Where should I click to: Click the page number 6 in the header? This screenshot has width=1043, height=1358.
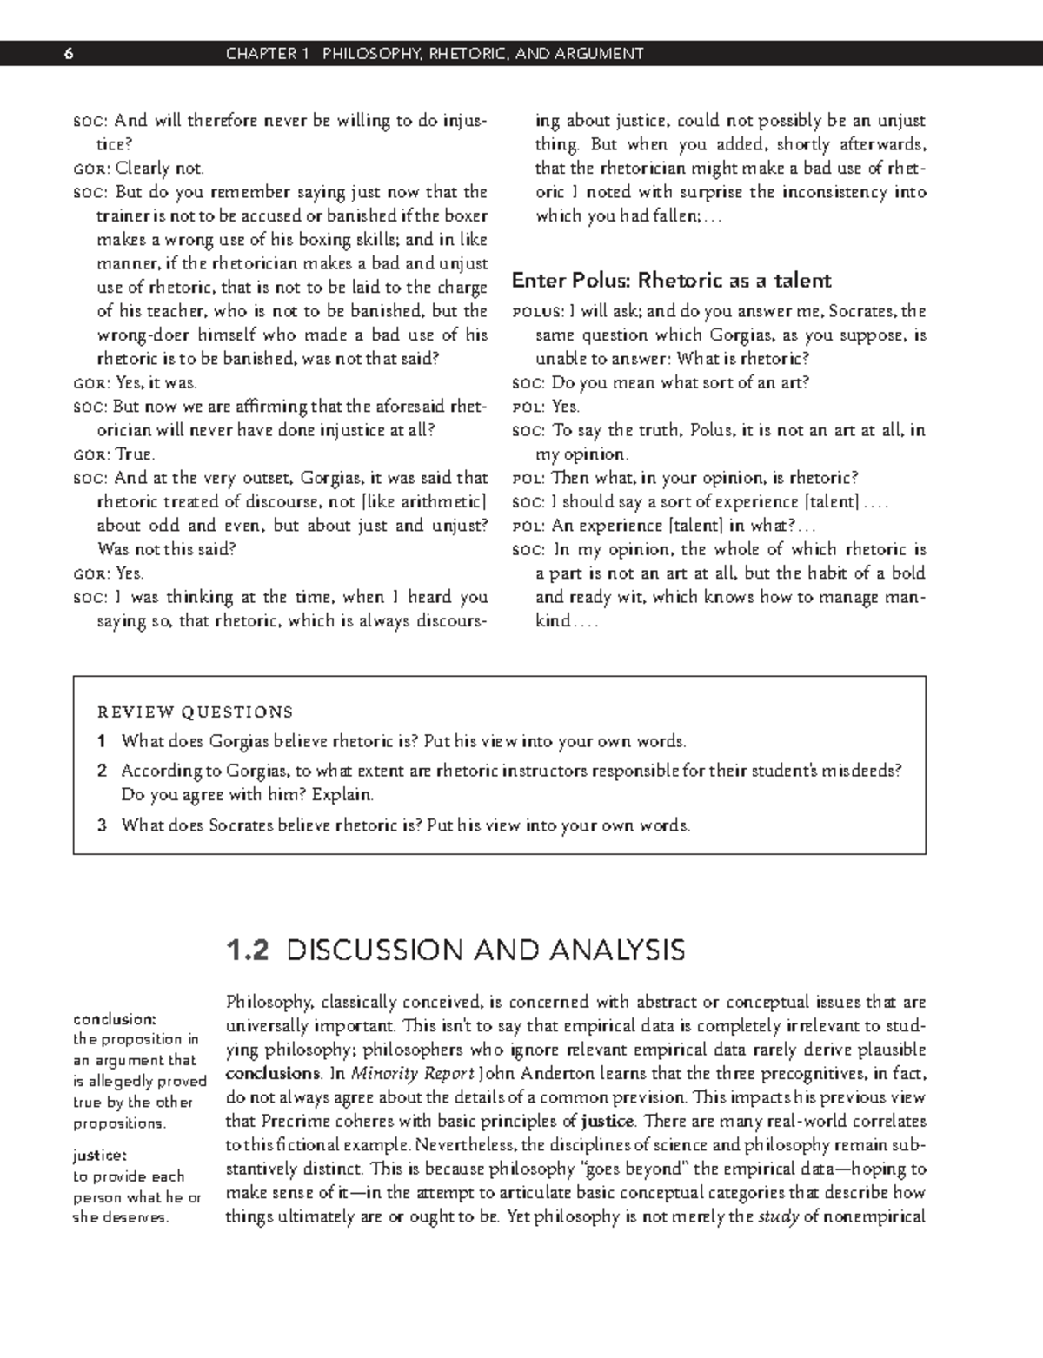click(69, 54)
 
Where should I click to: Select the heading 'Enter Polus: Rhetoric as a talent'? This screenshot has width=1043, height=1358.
click(671, 281)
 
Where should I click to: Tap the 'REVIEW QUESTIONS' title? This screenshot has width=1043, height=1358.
click(195, 712)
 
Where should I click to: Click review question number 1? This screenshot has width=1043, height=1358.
click(102, 742)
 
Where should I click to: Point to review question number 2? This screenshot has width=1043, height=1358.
click(102, 771)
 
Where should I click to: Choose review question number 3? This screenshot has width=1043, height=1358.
click(102, 826)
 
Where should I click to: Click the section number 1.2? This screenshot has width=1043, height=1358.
click(247, 950)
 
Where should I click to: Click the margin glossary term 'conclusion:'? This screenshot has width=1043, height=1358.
click(114, 1018)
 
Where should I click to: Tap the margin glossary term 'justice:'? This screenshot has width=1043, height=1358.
click(100, 1156)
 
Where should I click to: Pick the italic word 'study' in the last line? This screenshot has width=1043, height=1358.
click(778, 1216)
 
